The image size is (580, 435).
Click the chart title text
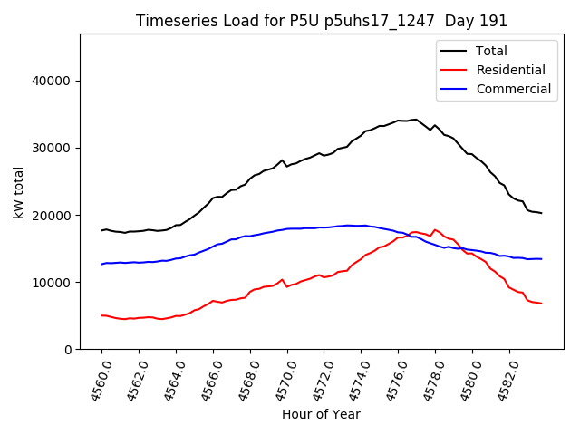322,21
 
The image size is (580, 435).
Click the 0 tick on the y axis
68,349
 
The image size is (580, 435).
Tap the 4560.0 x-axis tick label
93,381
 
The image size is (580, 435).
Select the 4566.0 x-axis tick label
205,381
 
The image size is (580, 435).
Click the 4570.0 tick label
279,381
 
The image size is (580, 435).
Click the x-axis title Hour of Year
321,414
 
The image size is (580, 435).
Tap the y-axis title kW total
18,191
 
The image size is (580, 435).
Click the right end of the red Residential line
541,304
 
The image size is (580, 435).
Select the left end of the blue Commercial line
101,264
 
